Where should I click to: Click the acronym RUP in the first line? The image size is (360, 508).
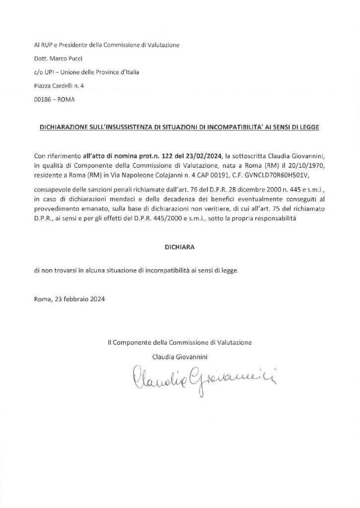point(47,45)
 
